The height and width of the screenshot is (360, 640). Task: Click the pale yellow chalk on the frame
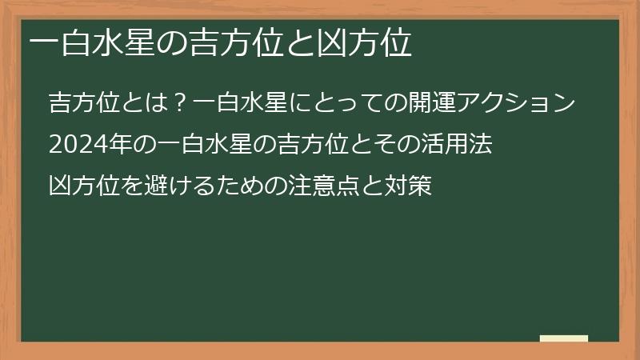click(x=564, y=339)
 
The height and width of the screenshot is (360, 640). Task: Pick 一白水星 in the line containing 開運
click(x=235, y=104)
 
